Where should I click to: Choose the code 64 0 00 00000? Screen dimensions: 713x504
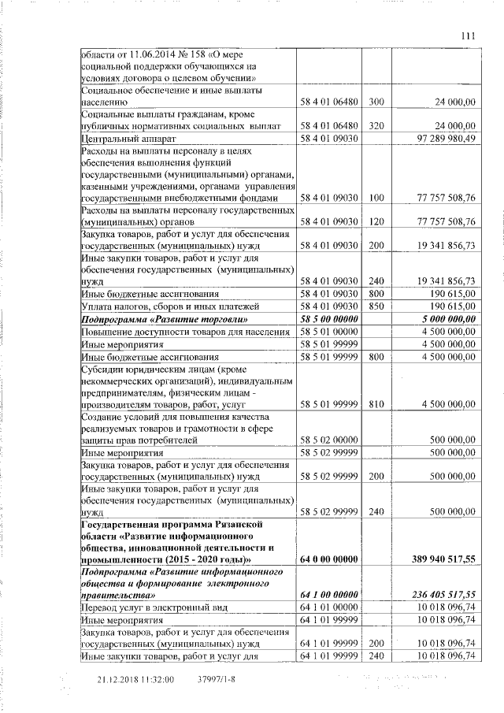[329, 559]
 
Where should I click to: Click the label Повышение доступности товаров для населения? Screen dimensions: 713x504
[185, 332]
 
